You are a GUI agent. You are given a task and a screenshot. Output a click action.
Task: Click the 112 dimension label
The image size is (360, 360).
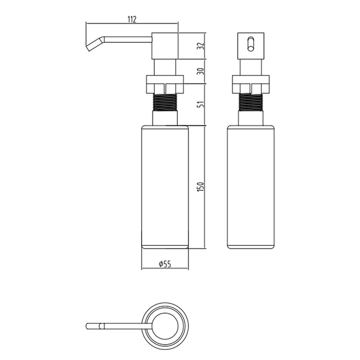[x=132, y=19]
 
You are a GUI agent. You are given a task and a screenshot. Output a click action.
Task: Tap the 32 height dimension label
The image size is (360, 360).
[x=201, y=46]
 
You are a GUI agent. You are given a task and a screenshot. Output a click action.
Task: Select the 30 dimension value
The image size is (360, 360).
[x=201, y=71]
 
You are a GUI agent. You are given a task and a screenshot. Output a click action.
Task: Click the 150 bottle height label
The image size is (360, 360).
[x=201, y=187]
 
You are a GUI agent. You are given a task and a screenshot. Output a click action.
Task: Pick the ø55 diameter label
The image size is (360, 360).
[x=165, y=264]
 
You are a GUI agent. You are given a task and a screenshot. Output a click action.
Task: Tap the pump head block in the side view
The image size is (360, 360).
[x=165, y=46]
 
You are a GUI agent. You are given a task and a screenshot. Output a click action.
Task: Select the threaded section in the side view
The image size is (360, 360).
[x=165, y=102]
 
